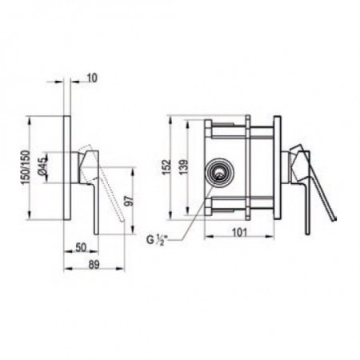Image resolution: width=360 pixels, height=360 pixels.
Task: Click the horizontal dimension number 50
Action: pyautogui.click(x=82, y=249)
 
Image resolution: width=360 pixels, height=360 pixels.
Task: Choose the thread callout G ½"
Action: pyautogui.click(x=160, y=239)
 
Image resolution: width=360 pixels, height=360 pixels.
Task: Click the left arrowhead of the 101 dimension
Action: pyautogui.click(x=208, y=236)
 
